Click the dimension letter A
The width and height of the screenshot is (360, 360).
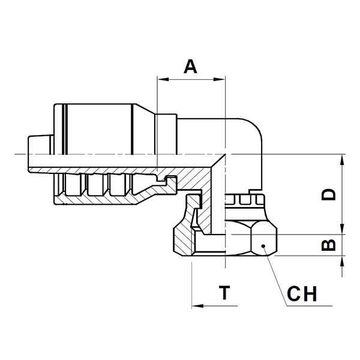[190, 67]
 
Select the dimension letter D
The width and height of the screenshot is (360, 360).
[329, 194]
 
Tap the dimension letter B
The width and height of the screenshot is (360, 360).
[329, 245]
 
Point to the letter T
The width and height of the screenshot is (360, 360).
[224, 293]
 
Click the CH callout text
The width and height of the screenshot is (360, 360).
[302, 293]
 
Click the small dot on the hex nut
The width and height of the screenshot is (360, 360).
[263, 246]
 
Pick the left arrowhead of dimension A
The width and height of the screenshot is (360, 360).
[163, 79]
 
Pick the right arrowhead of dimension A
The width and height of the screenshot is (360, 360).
[219, 79]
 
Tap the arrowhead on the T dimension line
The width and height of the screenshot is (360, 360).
[197, 306]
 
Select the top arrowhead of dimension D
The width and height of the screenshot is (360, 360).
[342, 160]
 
